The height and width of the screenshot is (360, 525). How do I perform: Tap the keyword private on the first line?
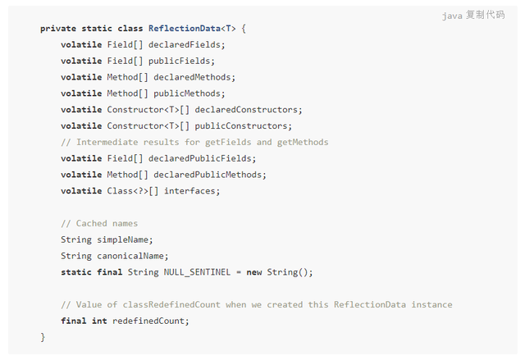point(58,28)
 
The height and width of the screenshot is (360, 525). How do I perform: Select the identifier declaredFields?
point(186,44)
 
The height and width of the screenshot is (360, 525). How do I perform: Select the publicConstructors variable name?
point(244,125)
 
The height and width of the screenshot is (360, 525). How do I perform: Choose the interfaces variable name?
point(193,191)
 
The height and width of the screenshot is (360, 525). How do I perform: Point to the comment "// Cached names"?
point(99,223)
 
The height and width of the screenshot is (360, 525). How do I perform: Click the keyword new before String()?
point(254,272)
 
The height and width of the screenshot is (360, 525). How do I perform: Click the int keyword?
point(99,321)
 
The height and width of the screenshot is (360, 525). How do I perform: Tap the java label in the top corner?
point(452,15)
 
